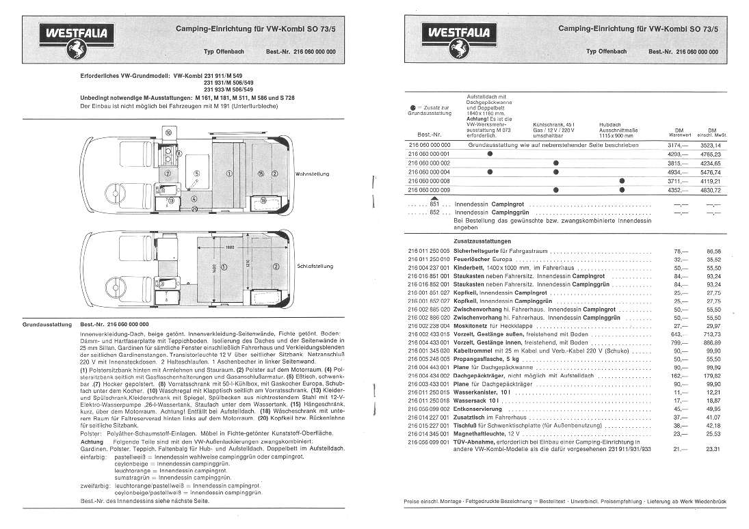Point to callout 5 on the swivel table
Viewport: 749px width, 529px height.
[196, 174]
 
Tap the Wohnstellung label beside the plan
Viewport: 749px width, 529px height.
[313, 174]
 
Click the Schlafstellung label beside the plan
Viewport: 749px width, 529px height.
[314, 266]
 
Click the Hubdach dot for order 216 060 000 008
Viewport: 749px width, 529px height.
[622, 180]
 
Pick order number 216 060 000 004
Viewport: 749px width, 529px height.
[429, 172]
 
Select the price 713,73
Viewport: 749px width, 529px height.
[712, 335]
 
